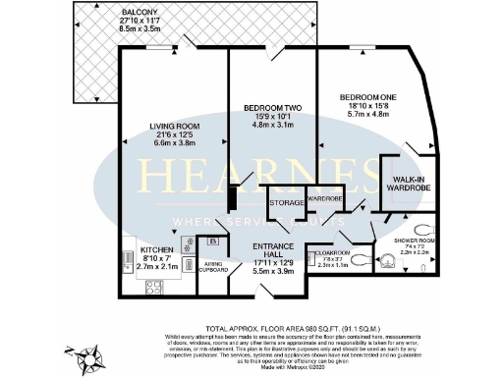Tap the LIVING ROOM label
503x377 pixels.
pyautogui.click(x=175, y=126)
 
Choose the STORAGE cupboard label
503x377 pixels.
pyautogui.click(x=287, y=202)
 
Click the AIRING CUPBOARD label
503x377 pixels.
pyautogui.click(x=214, y=266)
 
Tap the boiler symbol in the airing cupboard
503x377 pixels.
pyautogui.click(x=212, y=242)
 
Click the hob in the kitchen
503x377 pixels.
pyautogui.click(x=155, y=287)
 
